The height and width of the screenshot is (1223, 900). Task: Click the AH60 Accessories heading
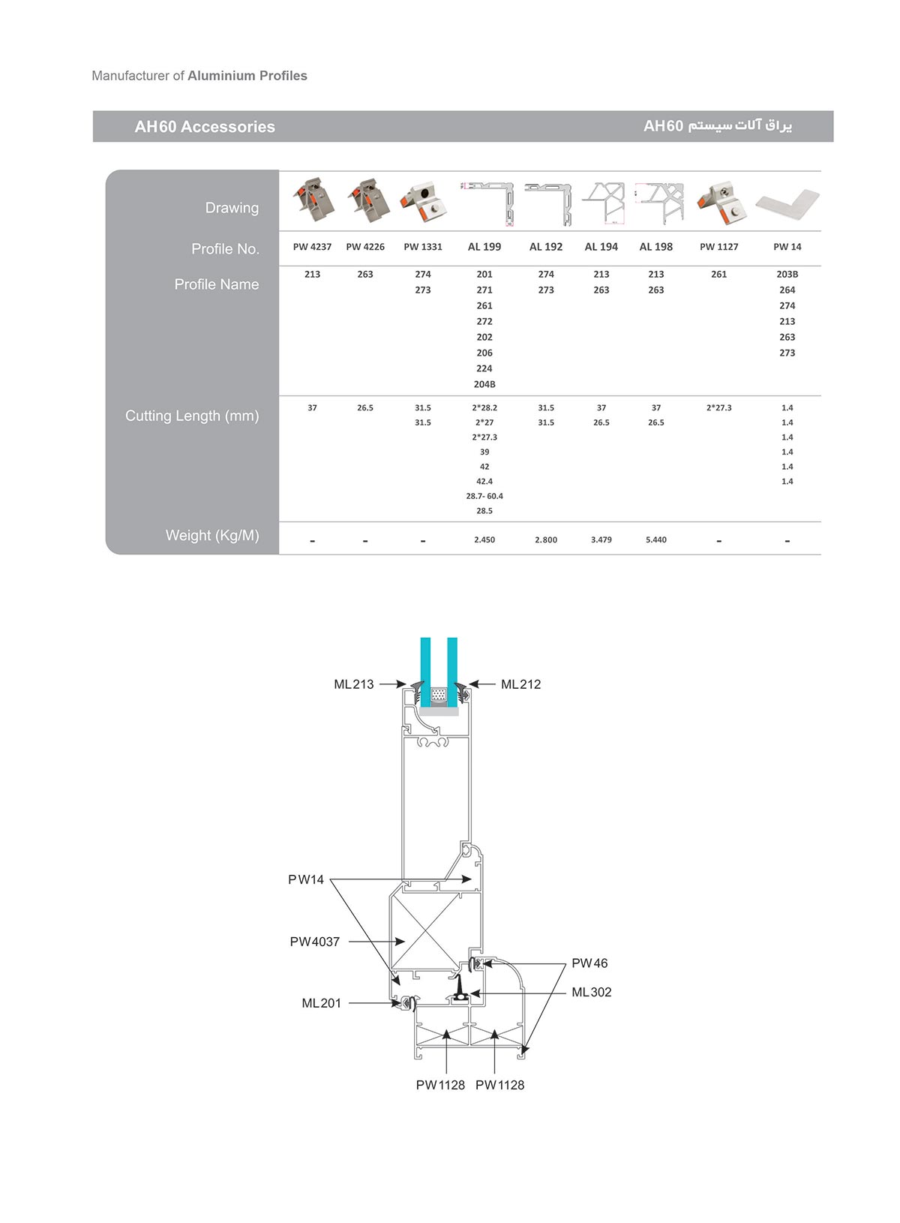point(205,127)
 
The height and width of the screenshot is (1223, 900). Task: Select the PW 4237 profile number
point(312,247)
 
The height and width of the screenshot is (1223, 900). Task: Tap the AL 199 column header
point(484,247)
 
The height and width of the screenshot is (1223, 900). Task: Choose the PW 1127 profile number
point(718,247)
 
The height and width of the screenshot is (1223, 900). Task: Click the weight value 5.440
point(656,539)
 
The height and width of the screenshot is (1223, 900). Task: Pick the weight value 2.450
point(484,539)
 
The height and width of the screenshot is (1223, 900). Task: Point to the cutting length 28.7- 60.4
point(484,496)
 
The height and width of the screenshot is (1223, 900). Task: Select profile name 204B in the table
point(484,384)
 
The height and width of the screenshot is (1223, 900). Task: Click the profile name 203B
point(787,274)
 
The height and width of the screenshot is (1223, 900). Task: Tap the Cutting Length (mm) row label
point(192,416)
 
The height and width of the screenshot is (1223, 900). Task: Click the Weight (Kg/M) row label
point(212,535)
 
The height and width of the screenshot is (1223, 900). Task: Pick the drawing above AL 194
point(603,203)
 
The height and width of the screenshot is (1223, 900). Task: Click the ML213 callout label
point(354,684)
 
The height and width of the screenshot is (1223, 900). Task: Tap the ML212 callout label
point(520,684)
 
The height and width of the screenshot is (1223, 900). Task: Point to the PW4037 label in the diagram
point(314,942)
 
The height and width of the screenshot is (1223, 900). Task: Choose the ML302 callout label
point(592,992)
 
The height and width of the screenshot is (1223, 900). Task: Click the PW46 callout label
point(589,963)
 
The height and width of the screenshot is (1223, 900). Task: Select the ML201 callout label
point(321,1003)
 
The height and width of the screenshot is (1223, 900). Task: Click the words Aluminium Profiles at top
point(247,76)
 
